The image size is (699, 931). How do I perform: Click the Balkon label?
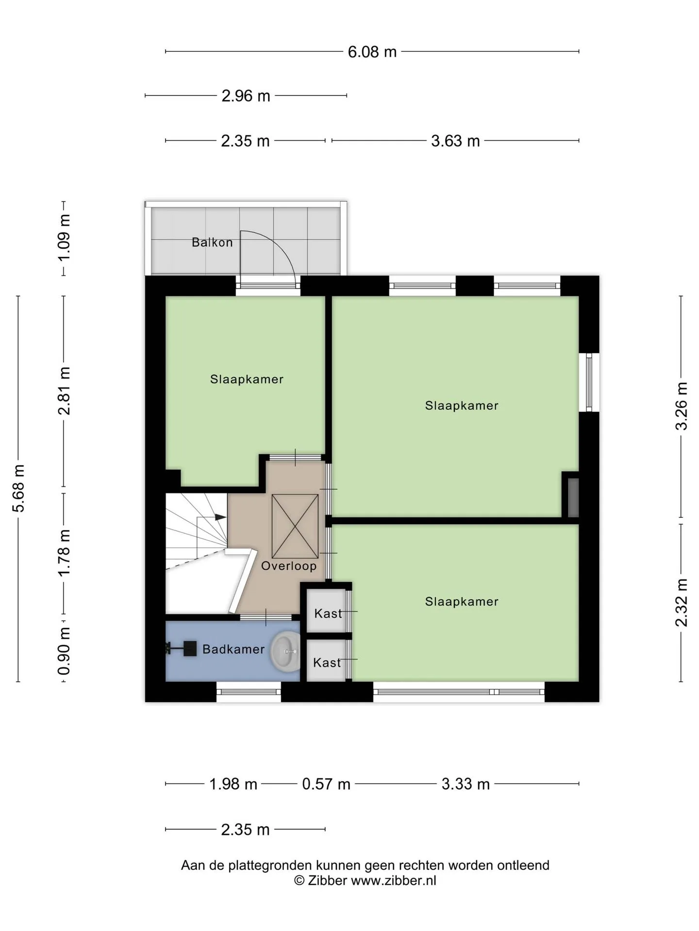pos(212,242)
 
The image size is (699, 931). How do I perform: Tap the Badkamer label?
pos(233,649)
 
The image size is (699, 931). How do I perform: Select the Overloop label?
pos(289,566)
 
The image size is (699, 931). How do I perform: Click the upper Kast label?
pos(328,613)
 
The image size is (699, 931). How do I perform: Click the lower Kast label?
pos(327,662)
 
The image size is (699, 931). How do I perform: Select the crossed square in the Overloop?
pos(295,526)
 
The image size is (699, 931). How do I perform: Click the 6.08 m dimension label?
pos(372,52)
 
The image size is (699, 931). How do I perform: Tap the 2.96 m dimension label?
pos(246,96)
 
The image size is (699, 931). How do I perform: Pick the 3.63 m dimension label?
pos(455,141)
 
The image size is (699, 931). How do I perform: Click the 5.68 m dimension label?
pos(18,488)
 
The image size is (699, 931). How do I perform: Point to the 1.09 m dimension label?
pos(64,238)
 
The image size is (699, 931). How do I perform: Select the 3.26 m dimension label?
pos(682,406)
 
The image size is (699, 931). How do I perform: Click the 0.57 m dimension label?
pos(326,784)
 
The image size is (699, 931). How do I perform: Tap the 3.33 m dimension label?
pos(466,784)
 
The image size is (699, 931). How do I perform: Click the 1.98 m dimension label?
pos(233,784)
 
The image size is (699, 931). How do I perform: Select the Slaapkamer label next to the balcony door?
pos(247,379)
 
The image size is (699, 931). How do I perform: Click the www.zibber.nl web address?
pos(394,881)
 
